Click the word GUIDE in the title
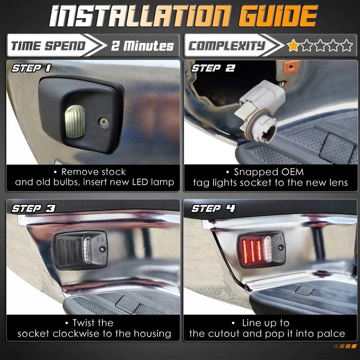point(278,16)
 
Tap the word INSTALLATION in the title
point(140,16)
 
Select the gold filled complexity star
point(293,45)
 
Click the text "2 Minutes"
point(142,46)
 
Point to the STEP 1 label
point(31,68)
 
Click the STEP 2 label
point(213,68)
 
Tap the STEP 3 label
point(33,208)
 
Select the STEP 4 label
point(213,208)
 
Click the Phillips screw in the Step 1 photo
point(104,122)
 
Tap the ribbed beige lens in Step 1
point(75,122)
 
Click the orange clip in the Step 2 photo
point(291,67)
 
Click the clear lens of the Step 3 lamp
point(87,249)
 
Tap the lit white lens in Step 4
point(267,249)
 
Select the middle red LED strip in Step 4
point(252,251)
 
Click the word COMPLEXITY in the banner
point(226,45)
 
